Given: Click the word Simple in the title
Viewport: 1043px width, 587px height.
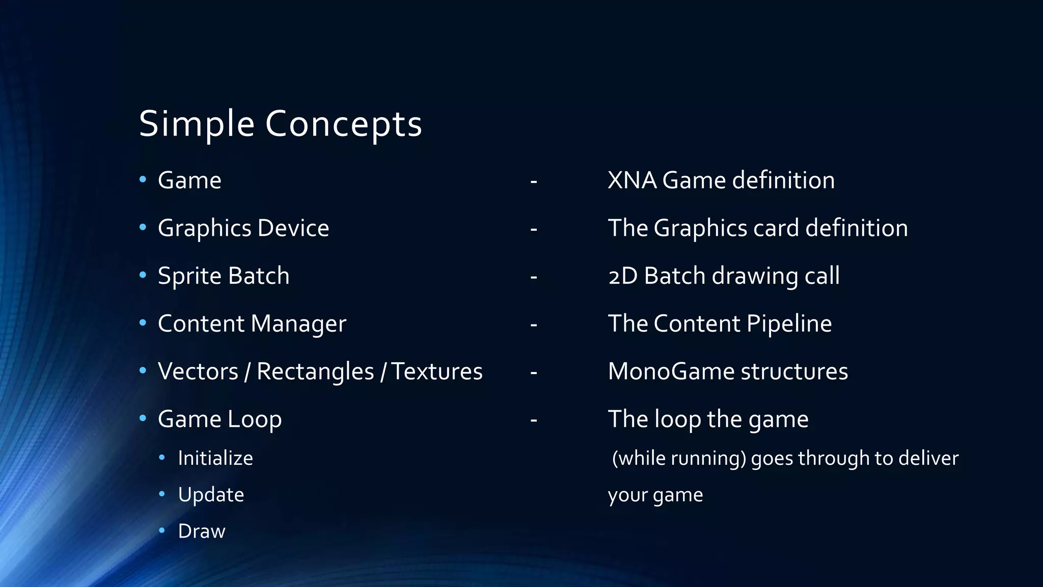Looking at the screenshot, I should click(196, 124).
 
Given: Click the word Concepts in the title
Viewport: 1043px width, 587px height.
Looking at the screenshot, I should click(344, 124).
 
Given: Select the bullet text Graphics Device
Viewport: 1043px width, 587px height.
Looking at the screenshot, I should click(243, 228).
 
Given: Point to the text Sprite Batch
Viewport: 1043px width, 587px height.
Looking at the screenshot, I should click(224, 276).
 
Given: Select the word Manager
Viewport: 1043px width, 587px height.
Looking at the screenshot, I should click(298, 324).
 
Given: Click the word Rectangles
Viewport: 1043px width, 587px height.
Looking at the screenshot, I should click(315, 371).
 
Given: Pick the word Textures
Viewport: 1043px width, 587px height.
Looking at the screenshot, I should click(437, 371).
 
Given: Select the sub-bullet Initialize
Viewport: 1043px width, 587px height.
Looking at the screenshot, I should click(215, 458).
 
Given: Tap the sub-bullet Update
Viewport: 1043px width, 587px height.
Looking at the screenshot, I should click(211, 495).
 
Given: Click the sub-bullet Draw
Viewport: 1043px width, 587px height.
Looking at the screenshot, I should click(202, 531).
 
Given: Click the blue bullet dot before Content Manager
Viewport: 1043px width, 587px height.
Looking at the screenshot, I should click(143, 323).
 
